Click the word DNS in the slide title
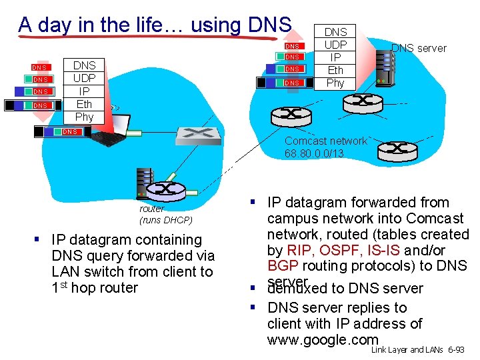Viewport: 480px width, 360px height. tap(269, 25)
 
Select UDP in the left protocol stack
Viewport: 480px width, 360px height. tap(84, 78)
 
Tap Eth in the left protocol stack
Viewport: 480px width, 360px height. tap(84, 104)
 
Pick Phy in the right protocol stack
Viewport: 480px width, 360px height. tap(335, 83)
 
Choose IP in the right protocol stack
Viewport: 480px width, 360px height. tap(335, 57)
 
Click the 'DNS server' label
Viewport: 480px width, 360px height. tap(419, 48)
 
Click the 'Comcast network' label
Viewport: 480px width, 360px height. tap(325, 141)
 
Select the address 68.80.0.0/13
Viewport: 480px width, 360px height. tap(314, 153)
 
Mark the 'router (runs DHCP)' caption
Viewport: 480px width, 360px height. tap(165, 214)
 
